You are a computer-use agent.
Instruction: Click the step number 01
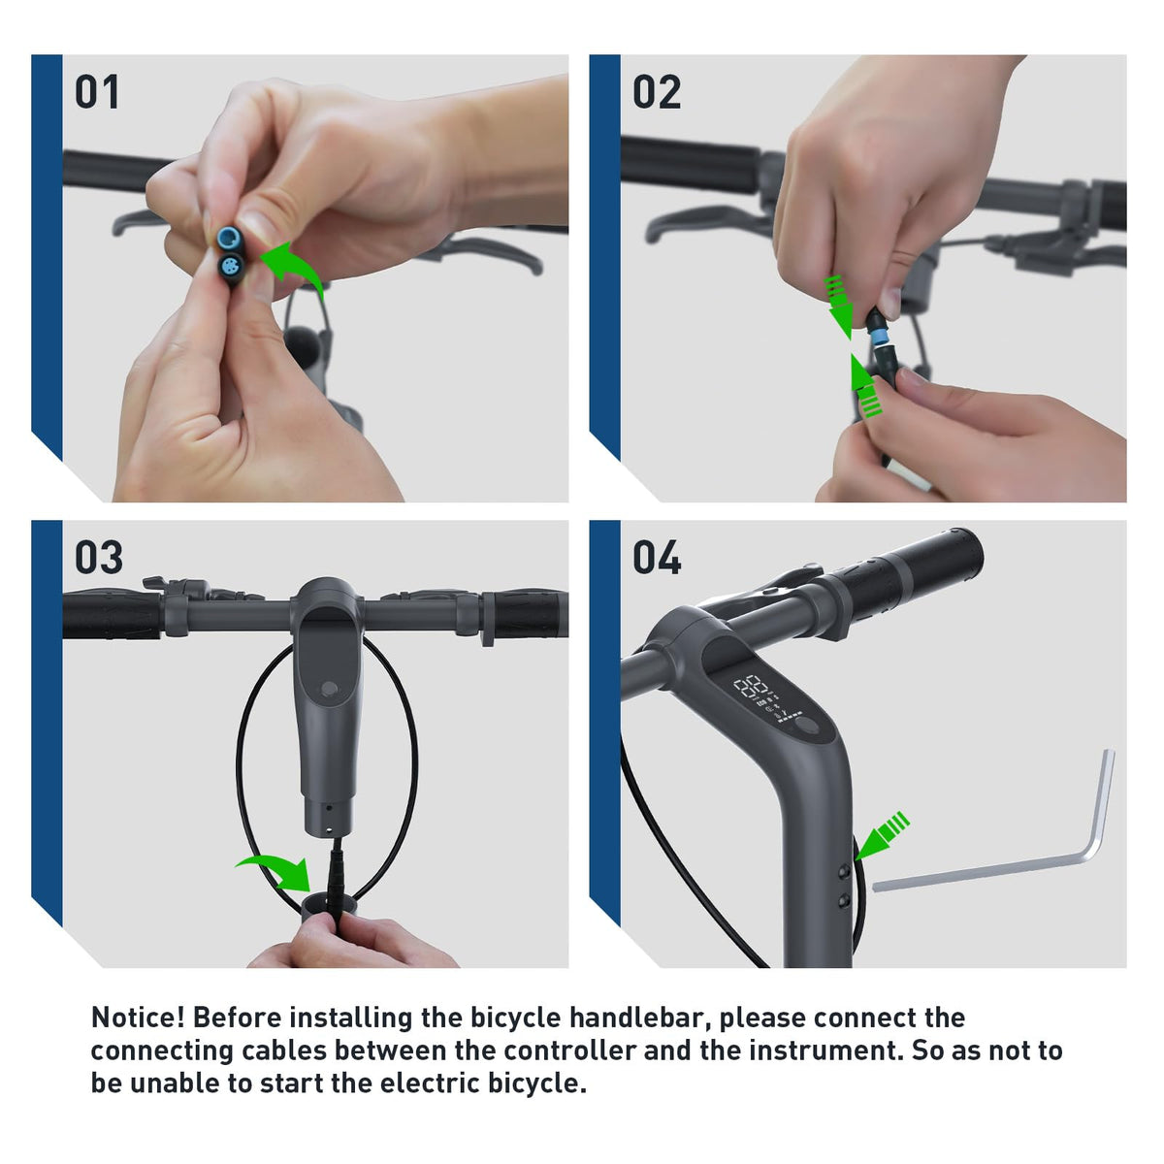click(97, 92)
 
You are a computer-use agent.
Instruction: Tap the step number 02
click(657, 92)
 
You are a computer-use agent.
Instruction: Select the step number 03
click(99, 558)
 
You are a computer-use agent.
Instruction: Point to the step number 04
click(657, 558)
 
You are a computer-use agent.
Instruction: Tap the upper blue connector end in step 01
click(228, 237)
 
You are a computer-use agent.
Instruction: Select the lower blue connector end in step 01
click(233, 265)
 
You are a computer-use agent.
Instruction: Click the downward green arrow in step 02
click(840, 305)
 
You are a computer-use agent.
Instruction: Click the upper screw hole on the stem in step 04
click(845, 871)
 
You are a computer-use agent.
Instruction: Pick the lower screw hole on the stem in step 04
click(844, 901)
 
